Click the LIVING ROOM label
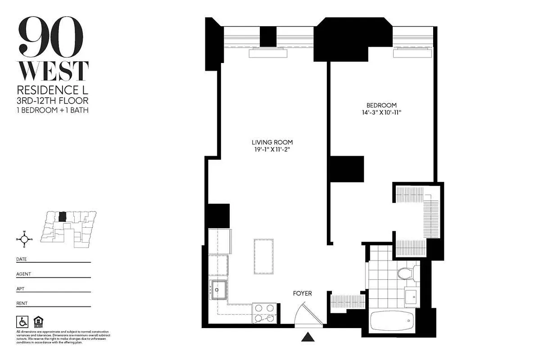[269, 142]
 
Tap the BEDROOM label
[381, 105]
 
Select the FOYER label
[302, 293]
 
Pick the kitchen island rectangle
[263, 256]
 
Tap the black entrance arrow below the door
[308, 336]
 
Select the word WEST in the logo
[53, 71]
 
